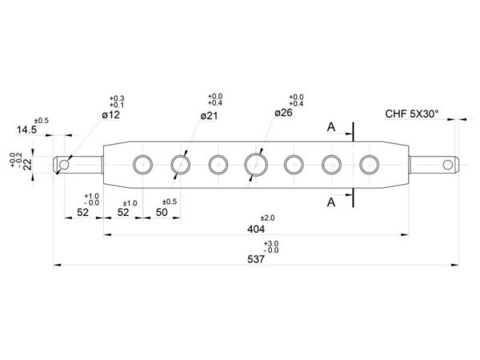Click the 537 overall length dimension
click(x=256, y=259)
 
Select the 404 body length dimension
click(x=256, y=229)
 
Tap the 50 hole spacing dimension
click(x=162, y=212)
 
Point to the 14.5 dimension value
click(x=26, y=130)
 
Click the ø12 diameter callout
click(x=111, y=114)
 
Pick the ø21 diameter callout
click(x=209, y=116)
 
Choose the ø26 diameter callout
click(x=283, y=113)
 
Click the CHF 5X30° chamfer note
click(x=412, y=114)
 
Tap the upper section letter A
click(x=331, y=126)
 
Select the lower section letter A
click(x=331, y=202)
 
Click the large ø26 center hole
click(x=256, y=165)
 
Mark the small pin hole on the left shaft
click(x=64, y=165)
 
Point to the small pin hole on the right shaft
click(x=447, y=165)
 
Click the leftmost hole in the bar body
click(x=142, y=165)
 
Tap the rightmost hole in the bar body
click(x=369, y=165)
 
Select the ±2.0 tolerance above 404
click(x=267, y=218)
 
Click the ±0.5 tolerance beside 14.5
click(x=42, y=121)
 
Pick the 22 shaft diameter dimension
click(x=27, y=164)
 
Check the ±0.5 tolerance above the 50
click(x=170, y=202)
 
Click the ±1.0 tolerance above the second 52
click(x=130, y=203)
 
